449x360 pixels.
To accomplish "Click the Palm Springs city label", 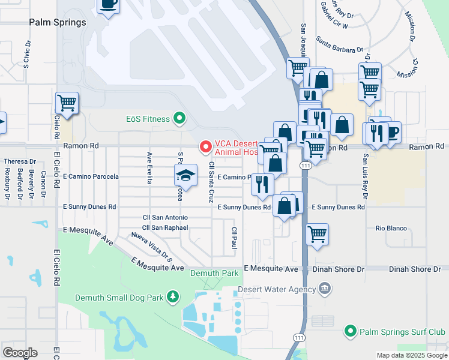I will pos(58,22).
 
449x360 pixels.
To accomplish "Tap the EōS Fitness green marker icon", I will pos(179,118).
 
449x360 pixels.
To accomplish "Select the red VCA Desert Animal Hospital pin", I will pos(205,146).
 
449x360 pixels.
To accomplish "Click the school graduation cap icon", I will pos(185,175).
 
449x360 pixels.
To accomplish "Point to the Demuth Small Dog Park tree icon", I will pos(173,296).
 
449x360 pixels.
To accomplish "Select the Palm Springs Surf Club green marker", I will pos(351,331).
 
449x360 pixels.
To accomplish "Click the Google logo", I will pos(20,352).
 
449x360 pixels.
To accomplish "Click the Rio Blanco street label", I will pos(391,229).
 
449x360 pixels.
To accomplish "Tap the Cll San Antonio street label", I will pos(165,217).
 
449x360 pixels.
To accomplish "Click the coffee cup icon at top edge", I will pos(108,4).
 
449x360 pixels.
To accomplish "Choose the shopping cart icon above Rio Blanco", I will pos(317,234).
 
